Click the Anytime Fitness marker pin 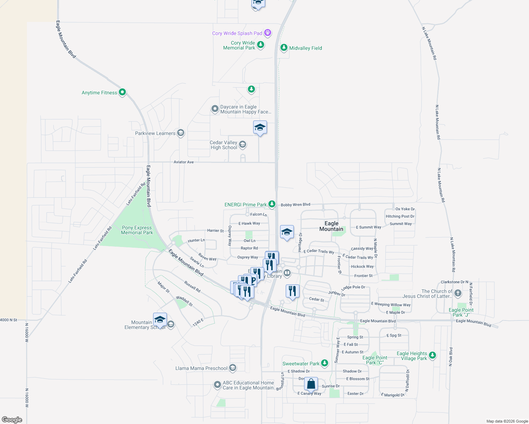tap(122, 92)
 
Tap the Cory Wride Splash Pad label tap(237, 33)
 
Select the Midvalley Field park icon tap(284, 48)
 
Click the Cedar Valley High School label tap(223, 145)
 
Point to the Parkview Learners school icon tap(181, 133)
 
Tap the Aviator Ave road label tap(184, 162)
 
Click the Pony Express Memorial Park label tap(137, 230)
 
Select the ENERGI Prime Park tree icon tap(272, 204)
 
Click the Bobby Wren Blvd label tap(295, 205)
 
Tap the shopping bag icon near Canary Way tap(311, 384)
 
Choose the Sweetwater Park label tap(301, 364)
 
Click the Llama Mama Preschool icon tap(232, 368)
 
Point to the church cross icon tap(458, 293)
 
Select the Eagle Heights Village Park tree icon tap(432, 355)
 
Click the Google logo tap(12, 419)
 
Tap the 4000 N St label tap(8, 320)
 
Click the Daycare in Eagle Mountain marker tap(215, 109)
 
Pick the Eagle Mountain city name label tap(331, 226)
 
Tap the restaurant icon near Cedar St tap(292, 291)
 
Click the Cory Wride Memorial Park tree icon tap(261, 45)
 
